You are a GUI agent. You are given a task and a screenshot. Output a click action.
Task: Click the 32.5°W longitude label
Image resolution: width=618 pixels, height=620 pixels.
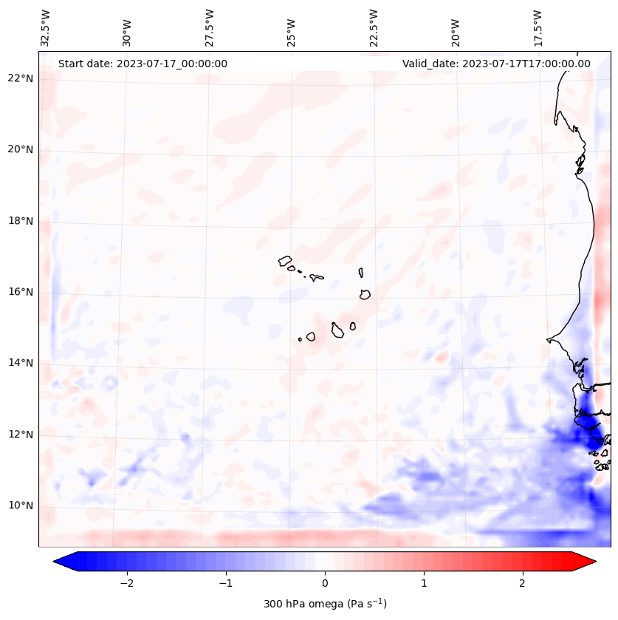[x=46, y=27]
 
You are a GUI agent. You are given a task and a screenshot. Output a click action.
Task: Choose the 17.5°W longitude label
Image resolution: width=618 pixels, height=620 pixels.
[x=538, y=27]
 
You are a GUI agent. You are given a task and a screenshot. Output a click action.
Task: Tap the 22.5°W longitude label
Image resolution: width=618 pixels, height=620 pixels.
[x=374, y=27]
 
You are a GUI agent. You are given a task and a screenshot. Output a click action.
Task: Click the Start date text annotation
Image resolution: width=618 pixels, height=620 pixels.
[x=143, y=64]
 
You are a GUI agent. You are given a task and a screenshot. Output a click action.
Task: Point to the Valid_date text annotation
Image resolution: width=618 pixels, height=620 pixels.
[x=496, y=64]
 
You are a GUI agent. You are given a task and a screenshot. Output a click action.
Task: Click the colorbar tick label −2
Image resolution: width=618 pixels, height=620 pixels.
[x=126, y=583]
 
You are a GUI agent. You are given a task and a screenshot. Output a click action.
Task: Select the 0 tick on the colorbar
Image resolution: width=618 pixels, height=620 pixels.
[x=325, y=583]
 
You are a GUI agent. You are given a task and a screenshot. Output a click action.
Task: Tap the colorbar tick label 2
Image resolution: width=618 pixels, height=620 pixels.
[x=523, y=583]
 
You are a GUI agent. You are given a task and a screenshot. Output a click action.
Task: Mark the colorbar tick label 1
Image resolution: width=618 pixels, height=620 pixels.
[x=424, y=583]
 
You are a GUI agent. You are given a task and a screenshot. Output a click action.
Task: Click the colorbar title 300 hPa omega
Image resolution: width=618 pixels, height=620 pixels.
[x=325, y=604]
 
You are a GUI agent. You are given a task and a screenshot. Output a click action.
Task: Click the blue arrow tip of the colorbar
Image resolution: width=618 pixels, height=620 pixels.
[x=58, y=562]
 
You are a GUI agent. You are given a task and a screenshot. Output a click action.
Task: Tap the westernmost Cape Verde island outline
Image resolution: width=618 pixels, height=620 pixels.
[x=285, y=260]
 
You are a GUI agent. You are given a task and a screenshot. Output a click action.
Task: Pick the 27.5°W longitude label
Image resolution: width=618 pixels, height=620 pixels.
[x=210, y=27]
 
